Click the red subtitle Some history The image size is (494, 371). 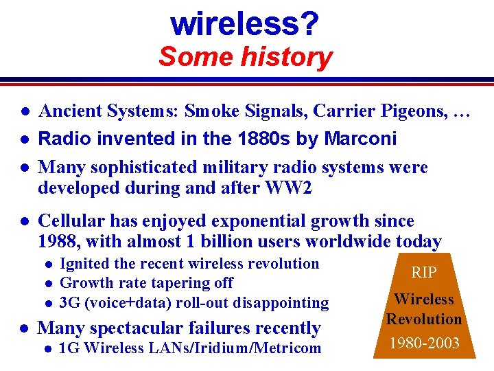245,56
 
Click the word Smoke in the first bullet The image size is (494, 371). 208,111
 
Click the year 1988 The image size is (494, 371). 59,241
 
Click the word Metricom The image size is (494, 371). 287,348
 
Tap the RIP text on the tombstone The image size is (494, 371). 424,272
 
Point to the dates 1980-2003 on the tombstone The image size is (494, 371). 424,343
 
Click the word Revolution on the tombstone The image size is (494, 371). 424,319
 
